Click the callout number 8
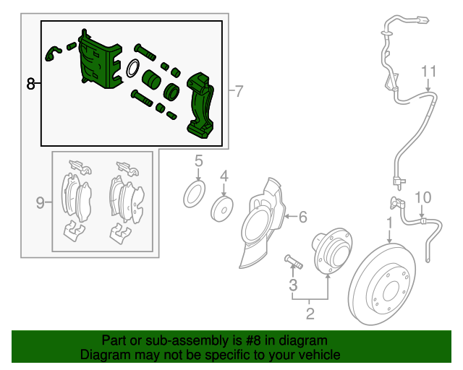pyautogui.click(x=30, y=84)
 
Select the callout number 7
pyautogui.click(x=239, y=91)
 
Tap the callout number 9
pyautogui.click(x=41, y=202)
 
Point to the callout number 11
pyautogui.click(x=428, y=72)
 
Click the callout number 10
pyautogui.click(x=423, y=197)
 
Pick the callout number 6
pyautogui.click(x=303, y=217)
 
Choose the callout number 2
pyautogui.click(x=310, y=314)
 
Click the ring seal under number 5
pyautogui.click(x=195, y=194)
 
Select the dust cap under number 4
pyautogui.click(x=222, y=209)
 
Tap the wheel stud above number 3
pyautogui.click(x=294, y=262)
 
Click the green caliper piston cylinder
pyautogui.click(x=151, y=79)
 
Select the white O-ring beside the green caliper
pyautogui.click(x=133, y=68)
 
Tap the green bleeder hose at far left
pyautogui.click(x=53, y=53)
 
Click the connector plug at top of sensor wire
pyautogui.click(x=422, y=20)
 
